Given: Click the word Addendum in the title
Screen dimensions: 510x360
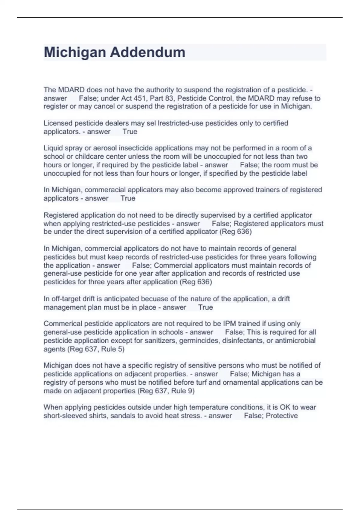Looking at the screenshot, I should pyautogui.click(x=148, y=52).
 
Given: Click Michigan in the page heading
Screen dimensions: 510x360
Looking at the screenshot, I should pyautogui.click(x=75, y=52).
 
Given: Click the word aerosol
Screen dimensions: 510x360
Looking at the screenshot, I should pyautogui.click(x=106, y=148).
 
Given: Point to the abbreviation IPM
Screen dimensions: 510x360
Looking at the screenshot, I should pyautogui.click(x=229, y=324).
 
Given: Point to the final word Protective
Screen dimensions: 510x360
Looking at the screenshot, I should pyautogui.click(x=282, y=416).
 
